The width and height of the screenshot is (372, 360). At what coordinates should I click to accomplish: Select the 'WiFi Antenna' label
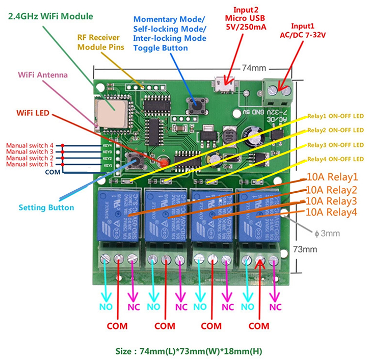(x=43, y=75)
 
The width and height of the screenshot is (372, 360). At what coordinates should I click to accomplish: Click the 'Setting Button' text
(x=46, y=208)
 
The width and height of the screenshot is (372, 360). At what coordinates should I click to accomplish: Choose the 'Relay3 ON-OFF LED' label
(x=335, y=145)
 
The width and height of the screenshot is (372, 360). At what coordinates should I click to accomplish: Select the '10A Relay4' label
(x=332, y=212)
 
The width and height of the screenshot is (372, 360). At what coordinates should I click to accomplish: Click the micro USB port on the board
(x=224, y=81)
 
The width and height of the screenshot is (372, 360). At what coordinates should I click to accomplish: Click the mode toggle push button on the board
(x=195, y=106)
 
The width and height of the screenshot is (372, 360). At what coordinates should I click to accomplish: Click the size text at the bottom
(x=186, y=351)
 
